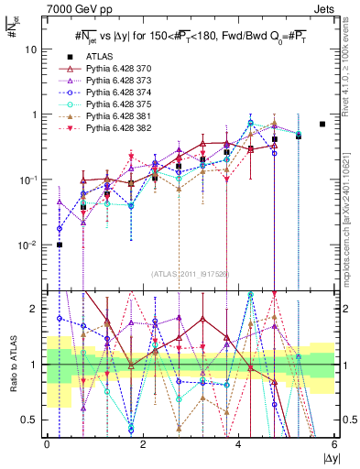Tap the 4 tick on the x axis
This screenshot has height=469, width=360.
point(238,444)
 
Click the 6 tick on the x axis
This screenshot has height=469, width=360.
point(334,444)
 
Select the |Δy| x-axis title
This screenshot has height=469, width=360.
point(324,458)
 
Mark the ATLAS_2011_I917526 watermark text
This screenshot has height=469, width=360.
point(191,274)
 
